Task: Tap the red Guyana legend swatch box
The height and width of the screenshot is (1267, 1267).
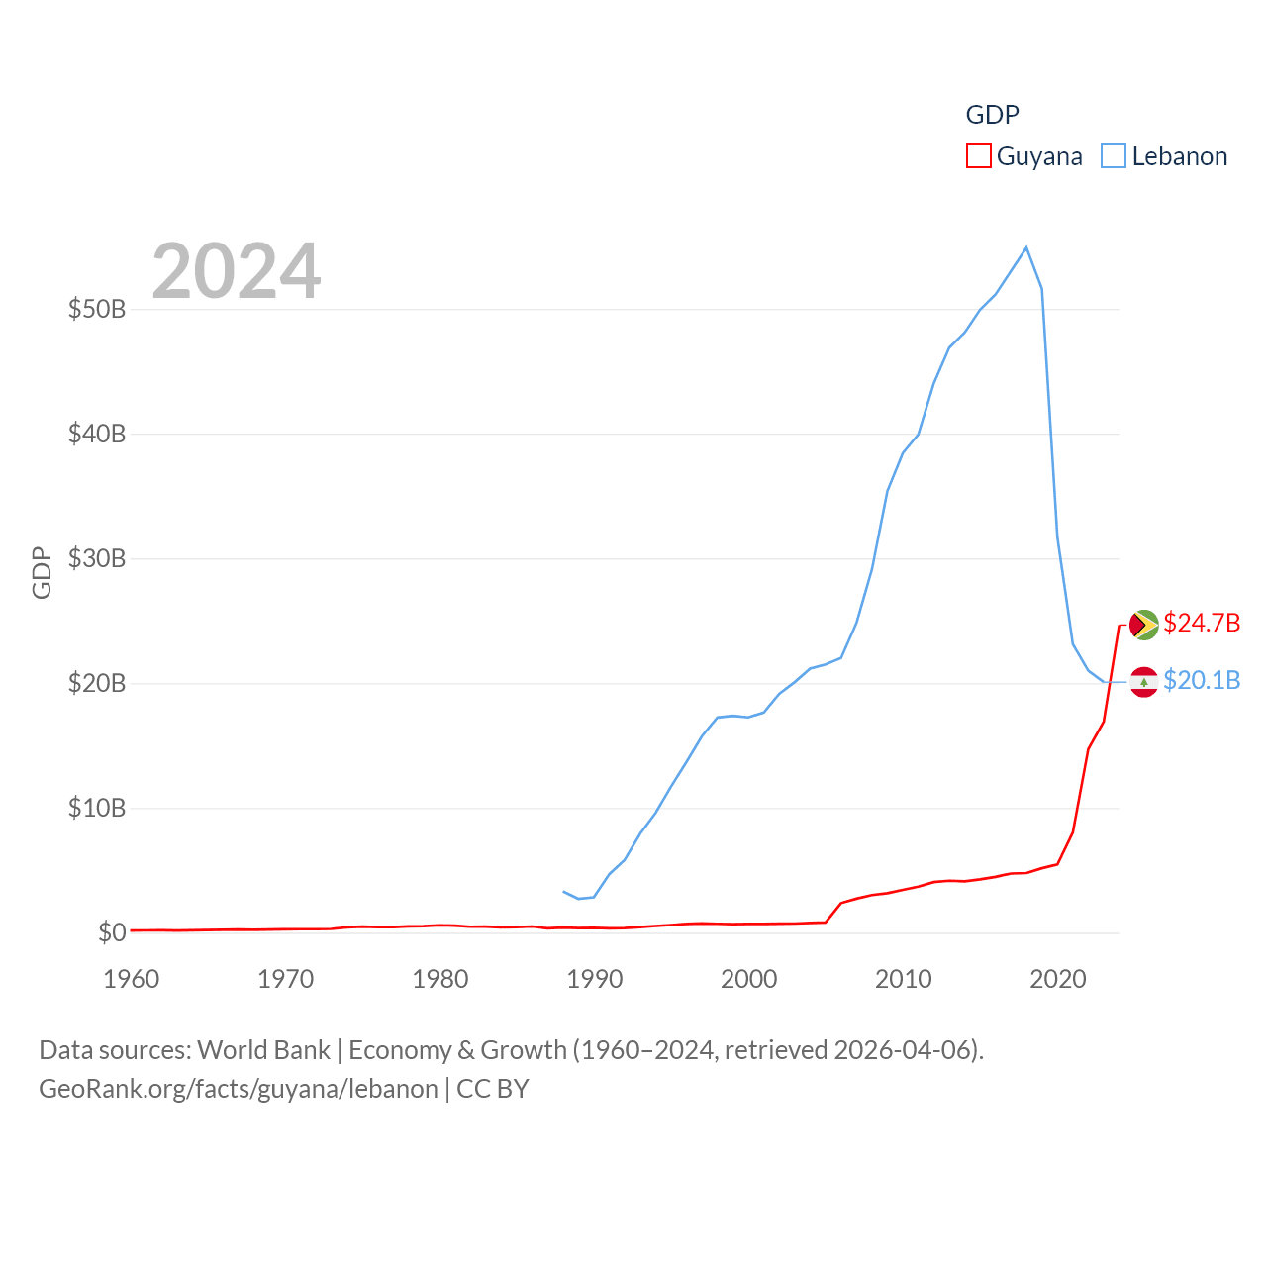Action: point(978,155)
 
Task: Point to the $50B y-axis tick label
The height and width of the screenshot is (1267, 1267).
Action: point(97,309)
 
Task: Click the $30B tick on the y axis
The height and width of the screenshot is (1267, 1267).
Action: point(97,558)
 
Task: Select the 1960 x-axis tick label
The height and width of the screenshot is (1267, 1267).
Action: point(132,979)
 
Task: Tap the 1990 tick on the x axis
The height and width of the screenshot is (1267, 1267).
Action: point(594,979)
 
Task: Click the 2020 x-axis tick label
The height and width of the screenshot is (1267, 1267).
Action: point(1058,979)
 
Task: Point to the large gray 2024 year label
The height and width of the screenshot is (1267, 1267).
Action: point(237,271)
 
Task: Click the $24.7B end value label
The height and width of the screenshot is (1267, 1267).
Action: point(1202,623)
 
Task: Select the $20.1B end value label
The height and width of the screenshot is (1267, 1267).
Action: point(1202,680)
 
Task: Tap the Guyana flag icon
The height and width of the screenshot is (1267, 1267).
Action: point(1143,625)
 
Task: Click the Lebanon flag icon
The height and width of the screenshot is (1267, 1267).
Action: point(1143,682)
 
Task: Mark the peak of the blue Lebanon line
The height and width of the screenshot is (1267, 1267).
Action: point(1026,247)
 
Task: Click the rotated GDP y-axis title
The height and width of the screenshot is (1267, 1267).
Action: point(42,572)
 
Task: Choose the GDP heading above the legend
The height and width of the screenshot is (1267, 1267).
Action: point(992,115)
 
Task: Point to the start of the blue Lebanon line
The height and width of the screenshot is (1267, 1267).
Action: point(563,892)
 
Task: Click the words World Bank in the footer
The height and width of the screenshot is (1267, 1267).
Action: point(263,1049)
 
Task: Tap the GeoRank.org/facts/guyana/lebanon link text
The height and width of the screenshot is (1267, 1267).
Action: point(239,1089)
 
